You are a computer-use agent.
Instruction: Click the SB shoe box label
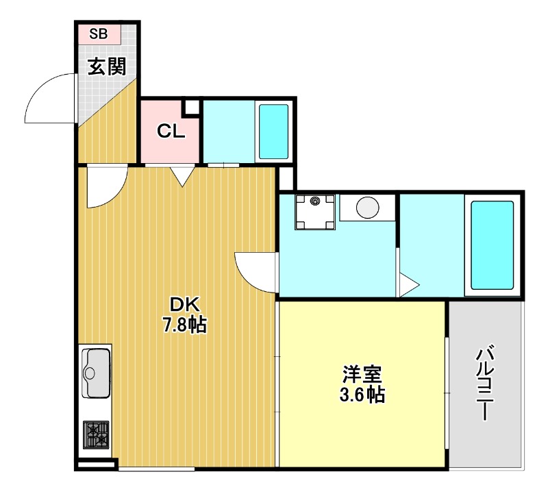pyautogui.click(x=98, y=34)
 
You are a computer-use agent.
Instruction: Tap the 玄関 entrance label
pyautogui.click(x=106, y=66)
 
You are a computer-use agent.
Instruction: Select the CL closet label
pyautogui.click(x=171, y=131)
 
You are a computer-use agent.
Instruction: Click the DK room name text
pyautogui.click(x=184, y=304)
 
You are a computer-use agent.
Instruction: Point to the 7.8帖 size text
pyautogui.click(x=184, y=325)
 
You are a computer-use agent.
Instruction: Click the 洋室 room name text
pyautogui.click(x=362, y=374)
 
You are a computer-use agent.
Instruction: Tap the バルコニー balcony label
pyautogui.click(x=485, y=382)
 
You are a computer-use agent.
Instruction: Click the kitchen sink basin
pyautogui.click(x=96, y=373)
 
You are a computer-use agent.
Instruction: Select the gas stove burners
pyautogui.click(x=96, y=435)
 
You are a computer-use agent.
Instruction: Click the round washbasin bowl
pyautogui.click(x=367, y=208)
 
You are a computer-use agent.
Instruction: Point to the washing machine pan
pyautogui.click(x=315, y=212)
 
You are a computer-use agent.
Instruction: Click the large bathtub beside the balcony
pyautogui.click(x=492, y=245)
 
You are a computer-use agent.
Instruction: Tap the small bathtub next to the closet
pyautogui.click(x=273, y=131)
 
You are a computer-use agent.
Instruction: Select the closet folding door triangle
pyautogui.click(x=183, y=176)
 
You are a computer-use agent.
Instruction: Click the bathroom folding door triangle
pyautogui.click(x=409, y=285)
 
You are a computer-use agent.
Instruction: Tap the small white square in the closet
pyautogui.click(x=192, y=108)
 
